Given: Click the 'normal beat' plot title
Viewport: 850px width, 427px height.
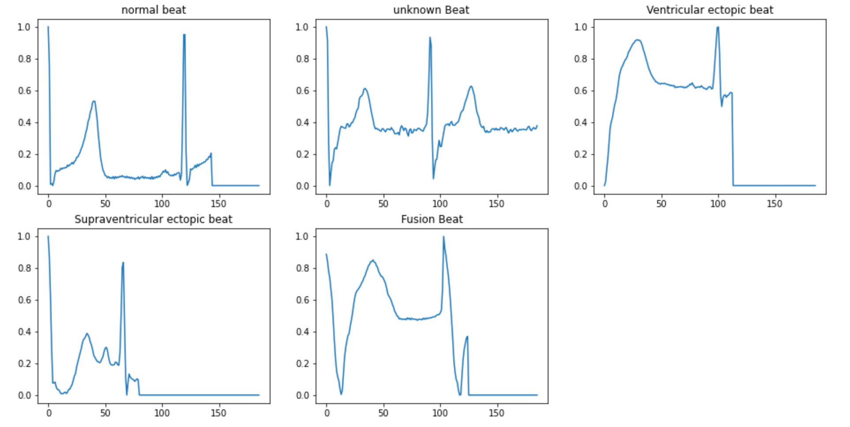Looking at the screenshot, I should (154, 10).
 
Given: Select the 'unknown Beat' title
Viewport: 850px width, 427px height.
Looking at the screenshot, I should (431, 10).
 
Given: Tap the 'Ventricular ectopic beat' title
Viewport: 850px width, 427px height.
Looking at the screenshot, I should (710, 10).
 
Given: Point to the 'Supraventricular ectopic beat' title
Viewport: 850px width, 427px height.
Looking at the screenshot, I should (153, 219).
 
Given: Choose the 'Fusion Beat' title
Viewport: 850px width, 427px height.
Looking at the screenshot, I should (432, 219).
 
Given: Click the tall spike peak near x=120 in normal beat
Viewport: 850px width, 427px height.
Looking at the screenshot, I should (184, 35).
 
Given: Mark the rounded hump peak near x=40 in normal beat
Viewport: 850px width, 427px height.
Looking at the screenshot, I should (94, 101).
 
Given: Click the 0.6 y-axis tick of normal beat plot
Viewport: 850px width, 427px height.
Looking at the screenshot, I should (24, 91).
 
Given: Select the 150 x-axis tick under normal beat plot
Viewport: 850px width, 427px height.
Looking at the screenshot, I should (218, 204).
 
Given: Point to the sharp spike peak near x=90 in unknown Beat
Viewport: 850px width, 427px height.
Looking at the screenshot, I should (429, 38).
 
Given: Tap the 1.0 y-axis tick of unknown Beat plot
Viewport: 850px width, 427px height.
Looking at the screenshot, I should (302, 27).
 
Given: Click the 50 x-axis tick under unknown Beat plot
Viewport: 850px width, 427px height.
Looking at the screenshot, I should (383, 204).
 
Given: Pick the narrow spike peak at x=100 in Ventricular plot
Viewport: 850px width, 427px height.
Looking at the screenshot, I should (718, 27).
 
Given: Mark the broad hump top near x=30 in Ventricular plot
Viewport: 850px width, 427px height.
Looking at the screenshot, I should (637, 40).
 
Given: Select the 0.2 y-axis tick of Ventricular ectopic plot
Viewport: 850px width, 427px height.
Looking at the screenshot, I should (580, 155).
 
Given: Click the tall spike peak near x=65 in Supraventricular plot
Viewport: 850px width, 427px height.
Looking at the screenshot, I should (123, 263).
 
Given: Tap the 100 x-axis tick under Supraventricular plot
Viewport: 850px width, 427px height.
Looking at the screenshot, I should (162, 413).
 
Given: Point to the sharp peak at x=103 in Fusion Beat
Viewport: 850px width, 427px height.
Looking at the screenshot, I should (443, 237).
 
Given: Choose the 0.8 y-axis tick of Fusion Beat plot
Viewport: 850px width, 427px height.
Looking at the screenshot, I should (302, 268).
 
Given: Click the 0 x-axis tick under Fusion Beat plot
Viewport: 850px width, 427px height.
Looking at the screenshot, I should (327, 413).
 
